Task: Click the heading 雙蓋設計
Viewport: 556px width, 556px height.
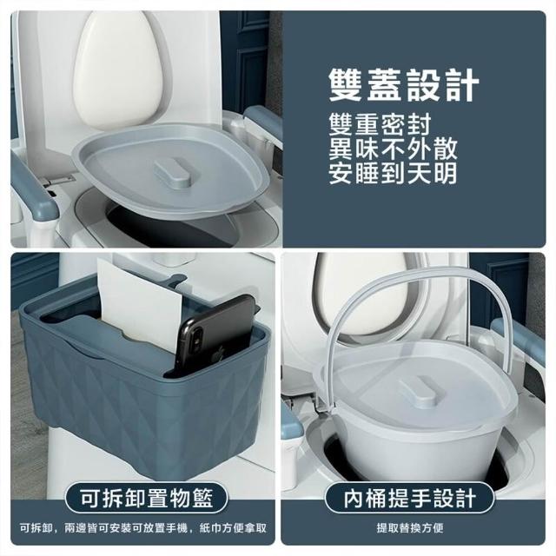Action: [403, 85]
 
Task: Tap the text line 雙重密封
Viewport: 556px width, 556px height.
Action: [380, 124]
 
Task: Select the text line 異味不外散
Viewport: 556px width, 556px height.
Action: [393, 149]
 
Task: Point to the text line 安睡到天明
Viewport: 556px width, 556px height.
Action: [393, 173]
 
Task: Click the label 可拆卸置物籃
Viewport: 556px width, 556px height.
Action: [147, 498]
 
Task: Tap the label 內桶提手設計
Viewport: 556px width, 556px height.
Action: [409, 498]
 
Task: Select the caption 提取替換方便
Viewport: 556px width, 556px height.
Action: [410, 528]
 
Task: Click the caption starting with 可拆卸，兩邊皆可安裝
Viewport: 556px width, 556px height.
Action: [143, 528]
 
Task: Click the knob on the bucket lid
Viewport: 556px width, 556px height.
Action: [417, 390]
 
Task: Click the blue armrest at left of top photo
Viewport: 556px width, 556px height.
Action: [34, 191]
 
